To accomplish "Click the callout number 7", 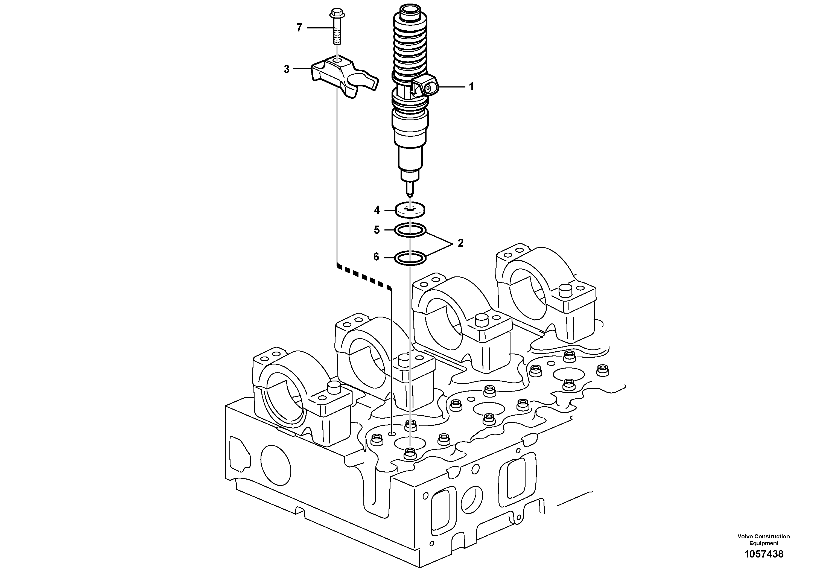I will coord(299,28).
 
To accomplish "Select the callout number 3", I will coord(287,69).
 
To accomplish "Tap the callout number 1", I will coord(471,86).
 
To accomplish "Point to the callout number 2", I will coord(460,243).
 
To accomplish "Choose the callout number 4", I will coord(377,210).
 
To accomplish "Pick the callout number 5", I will coord(377,230).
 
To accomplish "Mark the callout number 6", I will coord(376,257).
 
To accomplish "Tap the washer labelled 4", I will coord(410,211).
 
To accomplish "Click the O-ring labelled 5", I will coord(410,231).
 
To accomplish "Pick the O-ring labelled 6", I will coord(410,258).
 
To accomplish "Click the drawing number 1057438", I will coord(764,554).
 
